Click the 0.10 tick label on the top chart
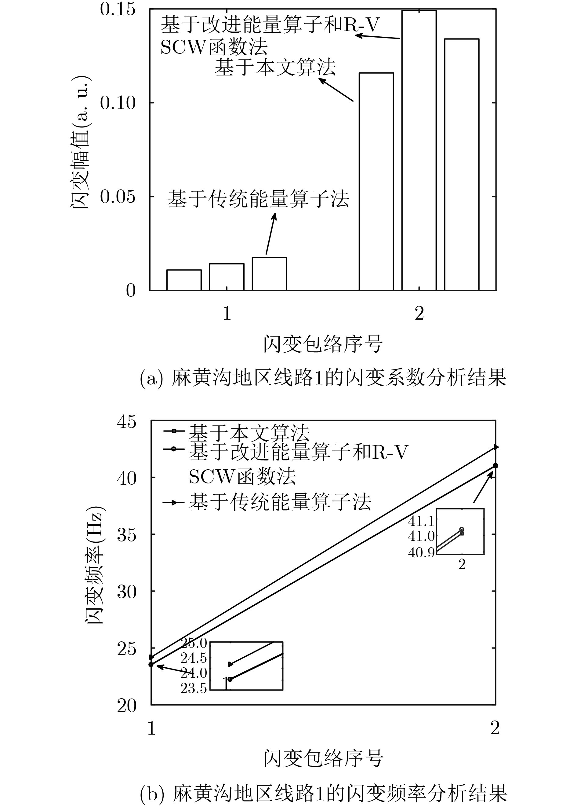click(x=118, y=103)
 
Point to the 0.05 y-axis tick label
click(x=118, y=196)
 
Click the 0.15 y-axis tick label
click(x=118, y=9)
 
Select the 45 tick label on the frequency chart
click(x=126, y=422)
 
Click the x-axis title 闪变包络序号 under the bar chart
click(x=323, y=344)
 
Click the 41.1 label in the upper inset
click(x=421, y=521)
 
